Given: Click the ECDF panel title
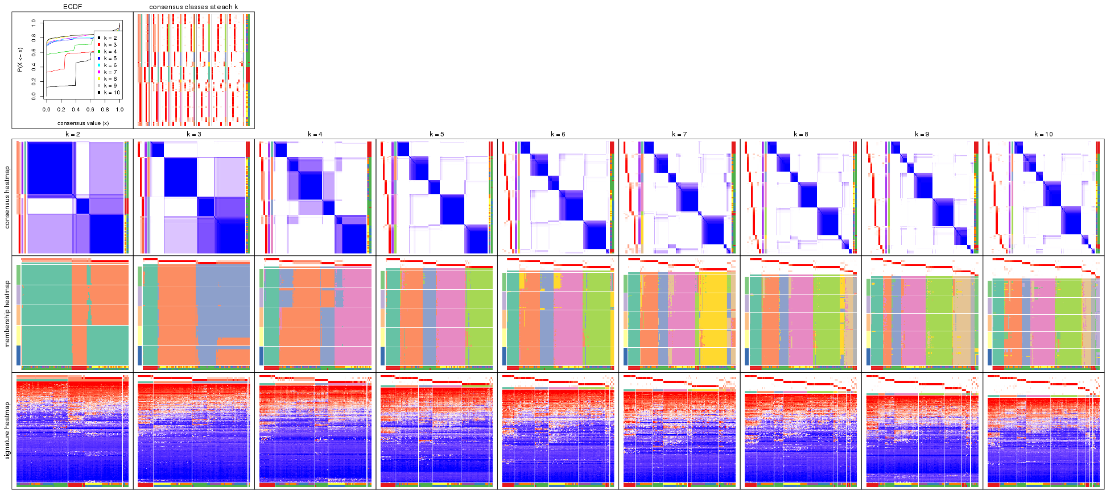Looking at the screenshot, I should tap(72, 7).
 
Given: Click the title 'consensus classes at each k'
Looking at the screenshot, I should tap(193, 7).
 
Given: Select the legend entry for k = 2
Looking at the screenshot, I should tap(110, 38).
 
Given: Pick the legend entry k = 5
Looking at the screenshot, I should tap(110, 59).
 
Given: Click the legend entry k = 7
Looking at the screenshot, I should tap(110, 72).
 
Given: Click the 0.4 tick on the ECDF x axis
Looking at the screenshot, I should tap(76, 110).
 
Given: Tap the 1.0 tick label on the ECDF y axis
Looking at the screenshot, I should tap(34, 23).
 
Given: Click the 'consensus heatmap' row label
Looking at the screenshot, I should tap(7, 197).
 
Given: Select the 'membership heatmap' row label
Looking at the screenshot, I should tap(7, 314).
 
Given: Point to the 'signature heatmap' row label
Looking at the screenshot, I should tap(7, 430).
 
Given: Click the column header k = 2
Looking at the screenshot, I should tap(72, 135).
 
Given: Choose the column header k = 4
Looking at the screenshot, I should tap(315, 135).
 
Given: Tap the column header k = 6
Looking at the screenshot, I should tap(558, 135).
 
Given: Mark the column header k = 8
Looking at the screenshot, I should tap(800, 135).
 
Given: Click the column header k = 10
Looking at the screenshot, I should tap(1043, 135).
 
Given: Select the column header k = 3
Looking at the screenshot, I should tap(194, 135).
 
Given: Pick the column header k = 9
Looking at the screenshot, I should tap(922, 135).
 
